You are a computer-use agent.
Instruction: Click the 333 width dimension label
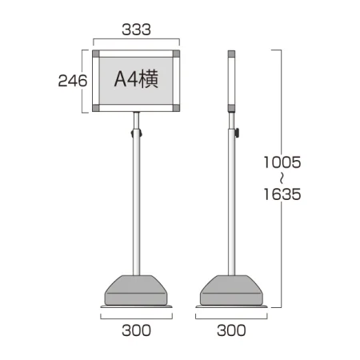136,30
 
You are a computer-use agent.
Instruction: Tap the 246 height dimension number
73,81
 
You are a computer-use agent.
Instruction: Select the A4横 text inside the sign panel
136,78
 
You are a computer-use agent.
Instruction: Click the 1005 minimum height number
282,162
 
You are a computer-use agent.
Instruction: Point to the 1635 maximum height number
282,194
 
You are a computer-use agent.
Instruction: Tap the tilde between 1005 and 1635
282,178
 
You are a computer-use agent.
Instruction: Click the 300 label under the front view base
136,330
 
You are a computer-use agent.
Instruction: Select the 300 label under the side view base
231,330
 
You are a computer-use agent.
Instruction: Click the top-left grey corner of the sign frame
96,54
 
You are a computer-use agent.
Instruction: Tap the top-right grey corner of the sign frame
176,54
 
